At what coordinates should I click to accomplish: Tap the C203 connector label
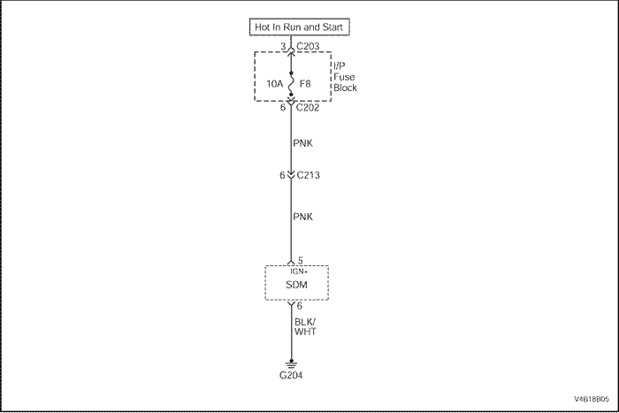[309, 46]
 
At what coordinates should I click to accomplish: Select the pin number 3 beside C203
[283, 46]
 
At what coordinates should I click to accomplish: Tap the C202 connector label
[309, 108]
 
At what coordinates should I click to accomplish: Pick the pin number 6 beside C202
[283, 108]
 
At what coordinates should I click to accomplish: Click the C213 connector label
[308, 175]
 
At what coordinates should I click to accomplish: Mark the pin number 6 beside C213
[282, 175]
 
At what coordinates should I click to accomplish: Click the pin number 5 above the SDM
[300, 260]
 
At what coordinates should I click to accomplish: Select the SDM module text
[297, 287]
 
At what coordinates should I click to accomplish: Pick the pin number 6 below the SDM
[300, 306]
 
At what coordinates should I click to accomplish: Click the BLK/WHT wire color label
[307, 326]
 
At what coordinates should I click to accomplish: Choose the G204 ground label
[291, 376]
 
